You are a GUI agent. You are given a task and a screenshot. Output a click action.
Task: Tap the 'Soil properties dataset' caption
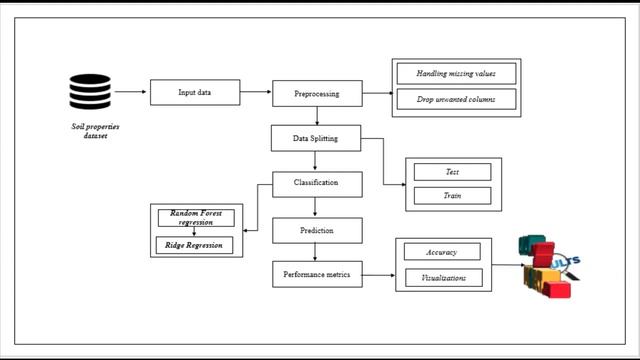pyautogui.click(x=87, y=131)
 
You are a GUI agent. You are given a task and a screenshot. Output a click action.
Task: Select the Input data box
pyautogui.click(x=194, y=93)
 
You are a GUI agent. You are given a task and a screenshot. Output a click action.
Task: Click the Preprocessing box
pyautogui.click(x=316, y=94)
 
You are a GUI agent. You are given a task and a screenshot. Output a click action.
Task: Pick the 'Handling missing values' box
pyautogui.click(x=455, y=74)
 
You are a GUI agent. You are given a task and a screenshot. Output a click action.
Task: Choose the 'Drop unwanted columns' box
pyautogui.click(x=455, y=99)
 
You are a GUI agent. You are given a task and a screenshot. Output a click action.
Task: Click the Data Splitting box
pyautogui.click(x=316, y=138)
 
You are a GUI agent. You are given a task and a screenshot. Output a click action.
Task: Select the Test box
pyautogui.click(x=452, y=172)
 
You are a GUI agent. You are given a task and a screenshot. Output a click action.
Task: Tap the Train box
pyautogui.click(x=452, y=196)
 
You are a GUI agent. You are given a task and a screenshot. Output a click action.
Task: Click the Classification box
pyautogui.click(x=316, y=183)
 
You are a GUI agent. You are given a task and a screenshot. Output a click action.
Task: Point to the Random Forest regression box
pyautogui.click(x=197, y=217)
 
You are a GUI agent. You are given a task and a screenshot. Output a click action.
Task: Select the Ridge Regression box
pyautogui.click(x=197, y=244)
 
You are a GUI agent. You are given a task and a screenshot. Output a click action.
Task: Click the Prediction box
pyautogui.click(x=316, y=230)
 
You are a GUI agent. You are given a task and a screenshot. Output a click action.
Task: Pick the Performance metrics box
pyautogui.click(x=316, y=274)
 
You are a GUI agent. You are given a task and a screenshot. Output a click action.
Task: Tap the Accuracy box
pyautogui.click(x=441, y=252)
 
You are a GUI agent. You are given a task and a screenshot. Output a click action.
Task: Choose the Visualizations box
pyautogui.click(x=441, y=277)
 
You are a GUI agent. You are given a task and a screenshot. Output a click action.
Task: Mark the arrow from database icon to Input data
pyautogui.click(x=130, y=93)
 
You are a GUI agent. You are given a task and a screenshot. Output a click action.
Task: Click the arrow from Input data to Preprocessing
pyautogui.click(x=255, y=93)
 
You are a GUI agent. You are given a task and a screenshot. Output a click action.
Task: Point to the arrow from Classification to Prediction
pyautogui.click(x=316, y=207)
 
